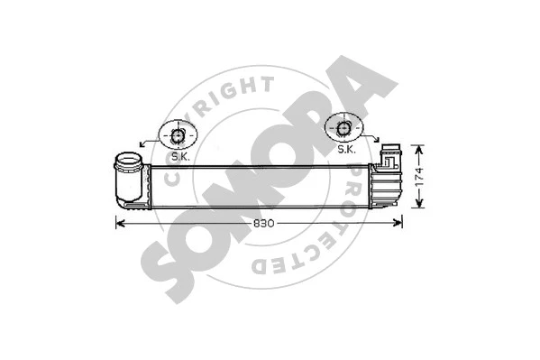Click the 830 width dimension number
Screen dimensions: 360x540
[x=261, y=222]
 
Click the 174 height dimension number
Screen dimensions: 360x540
[x=416, y=177]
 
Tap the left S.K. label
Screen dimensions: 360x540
[x=180, y=156]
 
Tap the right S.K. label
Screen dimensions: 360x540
[x=346, y=149]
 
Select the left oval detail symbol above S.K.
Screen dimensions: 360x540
[x=178, y=136]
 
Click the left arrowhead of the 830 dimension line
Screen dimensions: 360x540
[x=119, y=222]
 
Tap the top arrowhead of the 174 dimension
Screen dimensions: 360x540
[x=416, y=145]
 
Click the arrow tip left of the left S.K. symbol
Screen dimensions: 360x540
[x=141, y=143]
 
